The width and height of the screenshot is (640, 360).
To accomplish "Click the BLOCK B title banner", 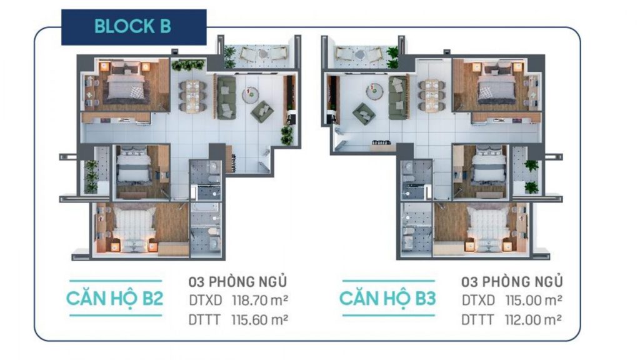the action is pyautogui.click(x=134, y=27).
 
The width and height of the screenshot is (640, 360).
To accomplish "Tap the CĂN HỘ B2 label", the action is pyautogui.click(x=115, y=298).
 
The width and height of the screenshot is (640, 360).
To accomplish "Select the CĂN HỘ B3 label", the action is pyautogui.click(x=387, y=298).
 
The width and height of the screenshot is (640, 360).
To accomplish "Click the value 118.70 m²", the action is pyautogui.click(x=260, y=301).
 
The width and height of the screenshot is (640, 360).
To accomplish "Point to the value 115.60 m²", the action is pyautogui.click(x=259, y=319).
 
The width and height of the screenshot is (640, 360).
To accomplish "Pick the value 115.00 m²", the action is pyautogui.click(x=534, y=301).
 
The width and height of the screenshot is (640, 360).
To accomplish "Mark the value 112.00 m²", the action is pyautogui.click(x=533, y=319).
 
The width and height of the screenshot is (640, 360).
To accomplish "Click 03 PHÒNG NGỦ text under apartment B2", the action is pyautogui.click(x=237, y=282).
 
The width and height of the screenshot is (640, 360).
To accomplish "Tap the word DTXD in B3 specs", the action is pyautogui.click(x=478, y=301).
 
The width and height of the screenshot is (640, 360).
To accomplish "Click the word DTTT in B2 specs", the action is pyautogui.click(x=204, y=319).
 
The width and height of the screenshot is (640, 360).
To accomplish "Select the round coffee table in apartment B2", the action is pyautogui.click(x=250, y=95).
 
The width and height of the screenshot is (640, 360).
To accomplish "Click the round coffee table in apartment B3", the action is pyautogui.click(x=374, y=91).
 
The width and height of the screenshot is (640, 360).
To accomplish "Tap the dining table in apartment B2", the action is pyautogui.click(x=192, y=96).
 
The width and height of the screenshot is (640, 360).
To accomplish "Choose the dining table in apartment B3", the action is pyautogui.click(x=432, y=95).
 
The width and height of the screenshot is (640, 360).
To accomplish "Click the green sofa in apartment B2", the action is pyautogui.click(x=226, y=98).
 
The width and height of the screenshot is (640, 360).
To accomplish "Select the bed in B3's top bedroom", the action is pyautogui.click(x=496, y=84).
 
